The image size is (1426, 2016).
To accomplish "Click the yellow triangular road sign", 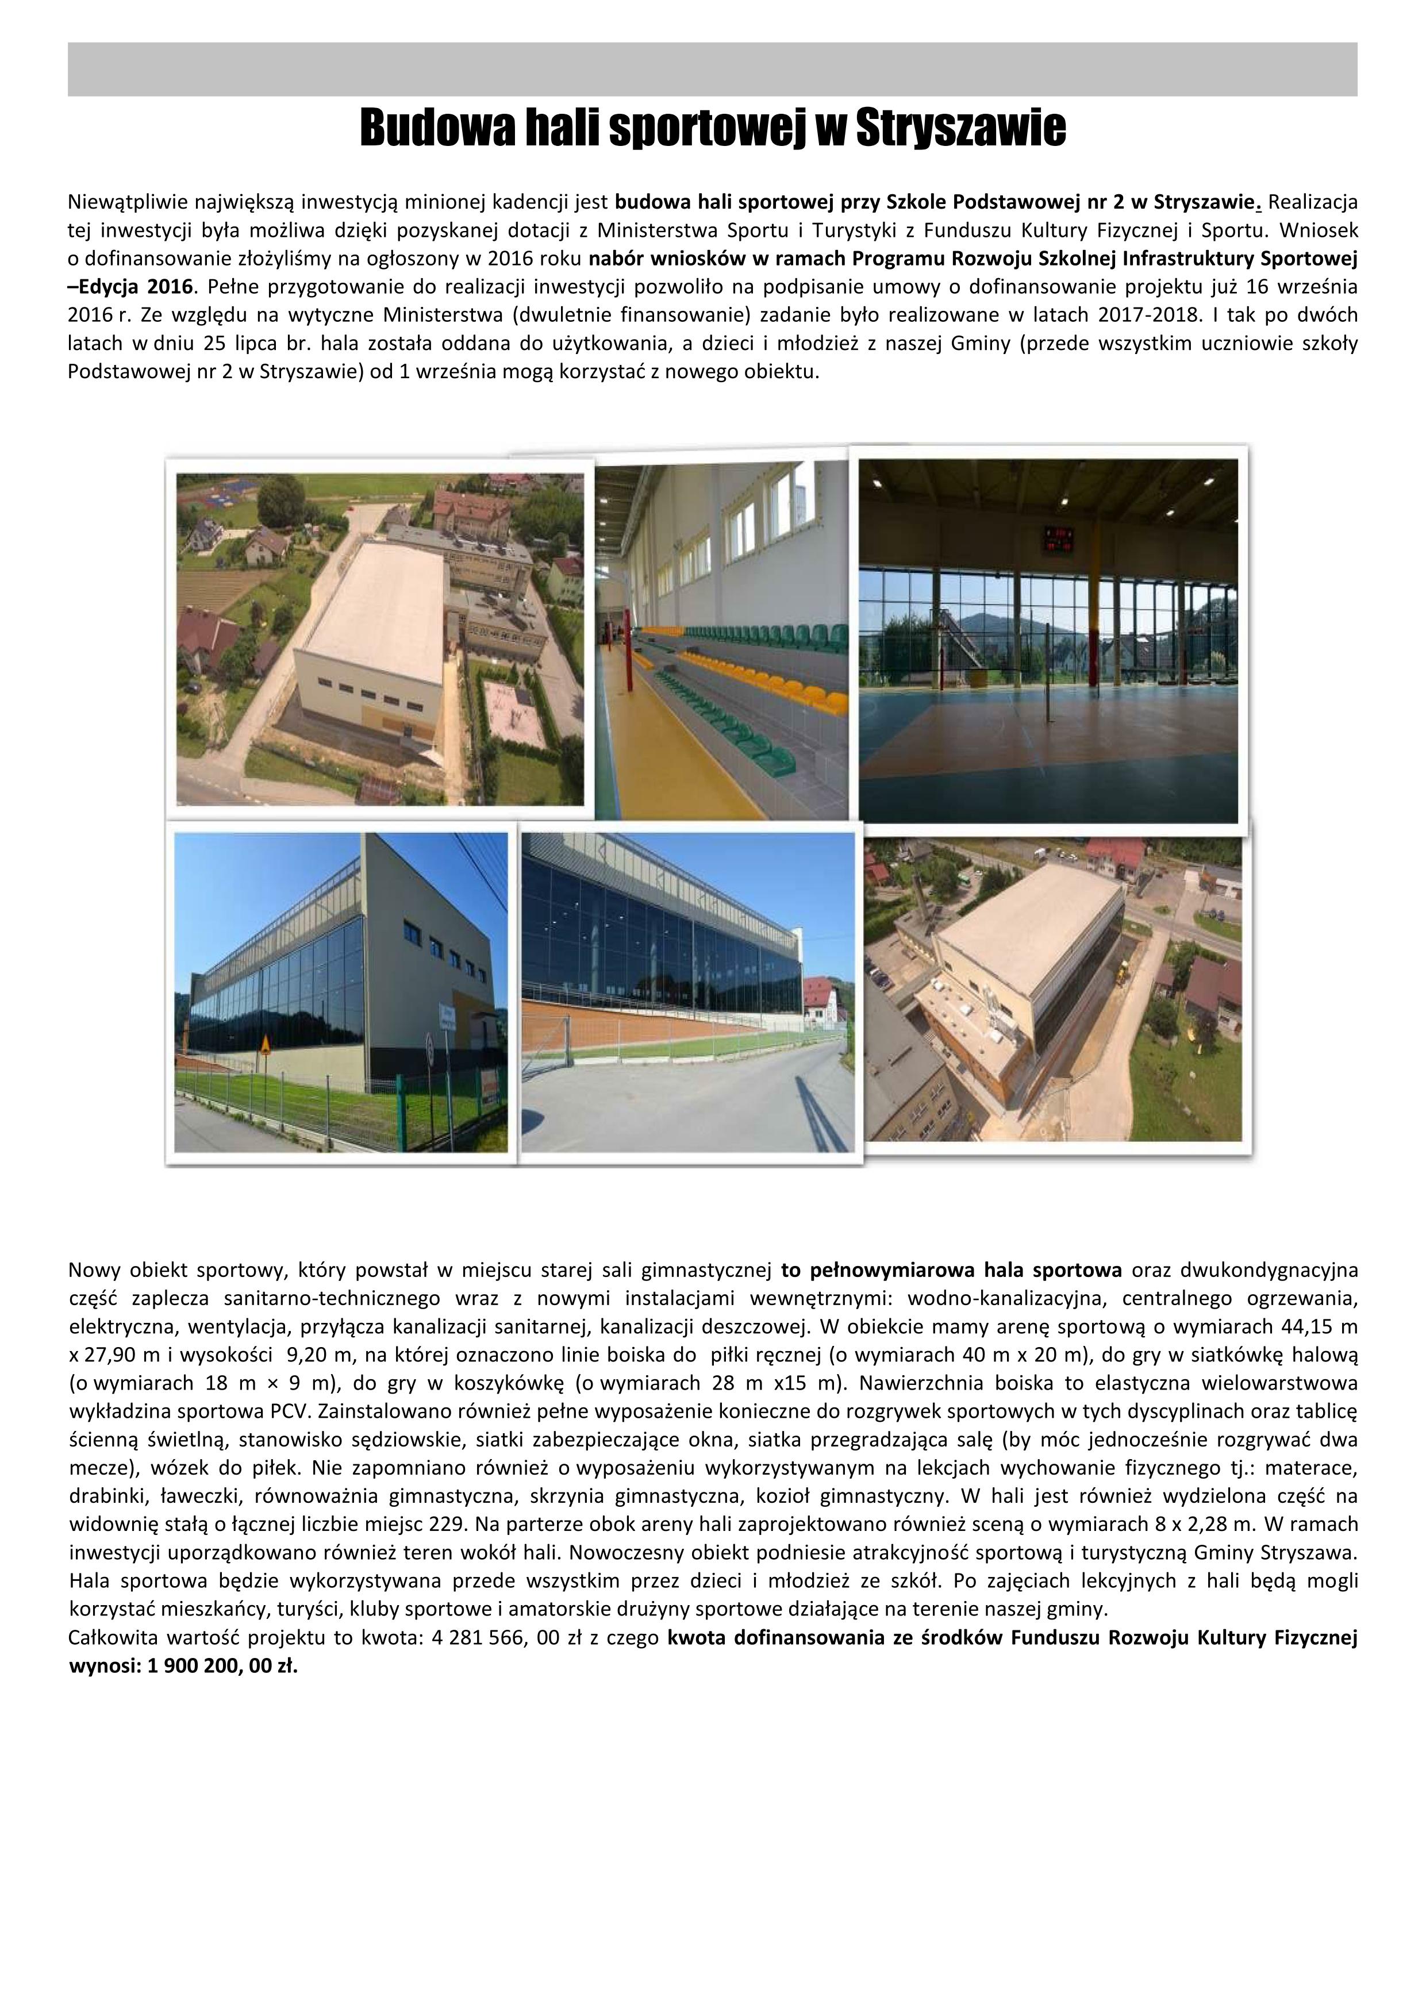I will point(264,1044).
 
